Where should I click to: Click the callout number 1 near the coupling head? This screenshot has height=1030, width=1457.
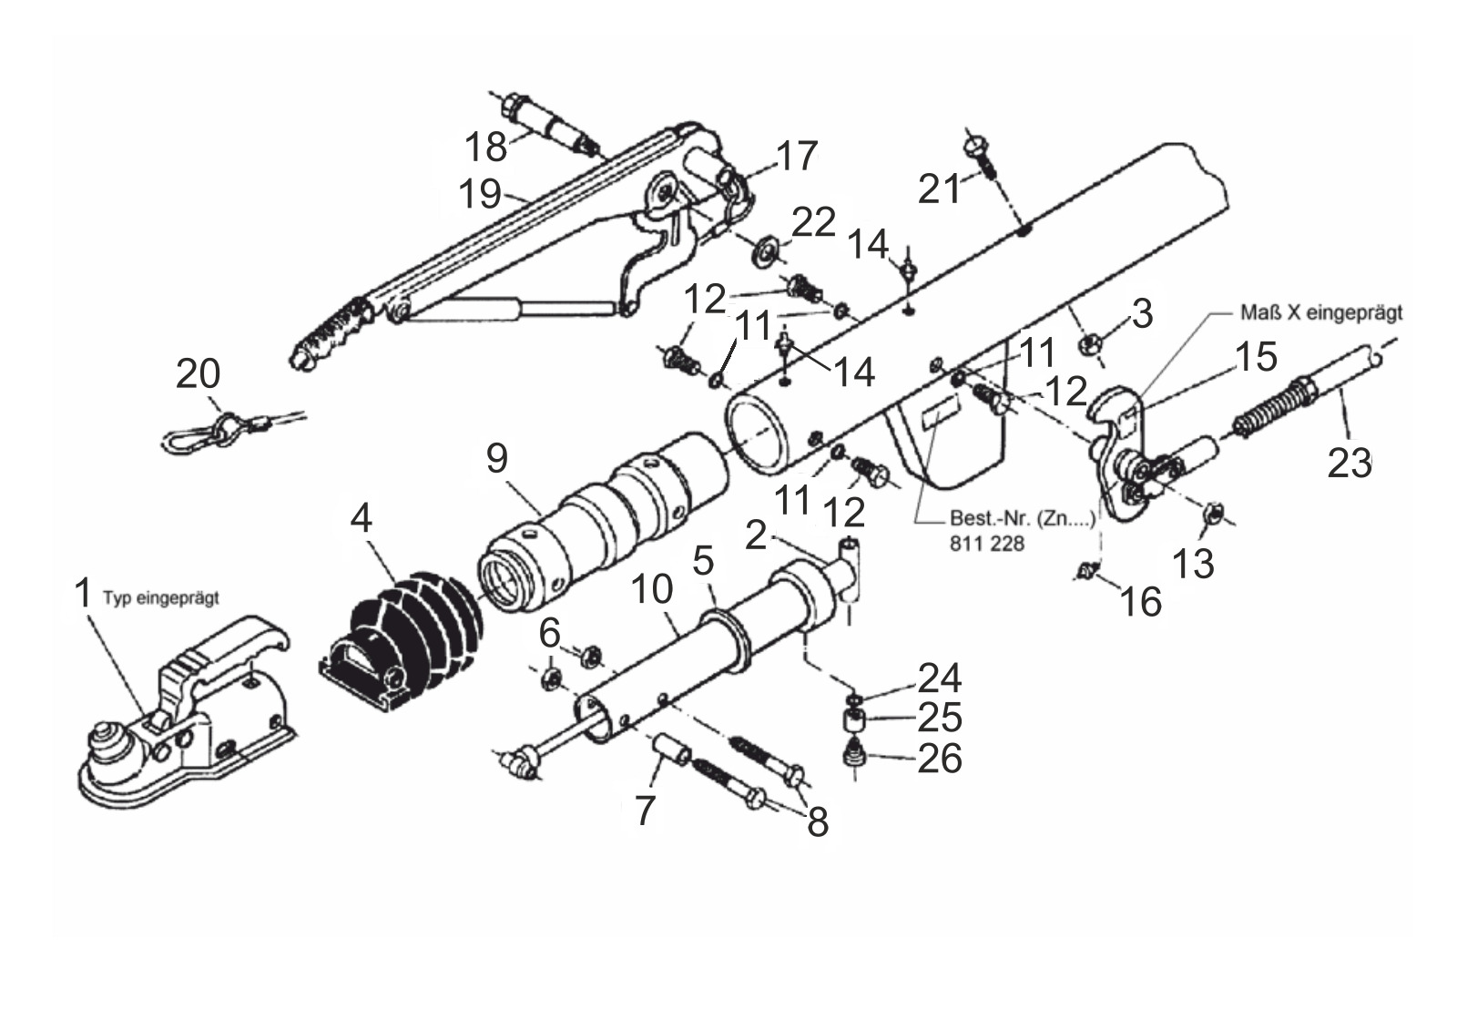(x=83, y=593)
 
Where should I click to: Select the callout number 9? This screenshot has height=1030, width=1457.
(x=497, y=458)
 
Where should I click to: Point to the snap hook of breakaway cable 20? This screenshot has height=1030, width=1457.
(x=195, y=439)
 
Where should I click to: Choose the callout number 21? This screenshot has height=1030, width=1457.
(x=939, y=189)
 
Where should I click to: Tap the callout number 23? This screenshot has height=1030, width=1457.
(x=1349, y=464)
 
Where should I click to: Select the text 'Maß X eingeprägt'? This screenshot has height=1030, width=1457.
(x=1321, y=312)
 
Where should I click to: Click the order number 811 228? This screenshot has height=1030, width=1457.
(x=987, y=544)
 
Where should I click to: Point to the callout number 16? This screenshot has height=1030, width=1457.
(x=1140, y=601)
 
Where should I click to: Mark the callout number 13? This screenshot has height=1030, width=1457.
(x=1193, y=563)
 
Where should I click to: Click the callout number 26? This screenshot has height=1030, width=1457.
(x=939, y=758)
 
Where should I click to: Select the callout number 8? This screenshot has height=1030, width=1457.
(x=818, y=821)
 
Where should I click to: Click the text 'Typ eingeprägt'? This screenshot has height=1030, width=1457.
(x=160, y=598)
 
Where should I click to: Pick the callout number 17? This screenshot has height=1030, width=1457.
(x=797, y=156)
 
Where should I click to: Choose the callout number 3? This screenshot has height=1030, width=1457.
(x=1142, y=313)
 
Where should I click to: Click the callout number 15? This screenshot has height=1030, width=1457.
(x=1256, y=357)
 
